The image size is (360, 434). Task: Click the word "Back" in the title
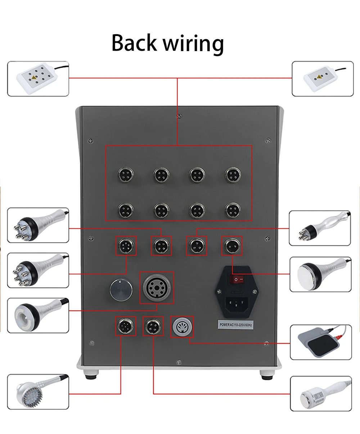(134, 43)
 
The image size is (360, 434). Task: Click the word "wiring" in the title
(193, 44)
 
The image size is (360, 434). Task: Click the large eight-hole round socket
(156, 287)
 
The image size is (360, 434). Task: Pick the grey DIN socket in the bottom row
(182, 327)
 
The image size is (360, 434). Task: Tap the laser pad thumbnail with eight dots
(38, 78)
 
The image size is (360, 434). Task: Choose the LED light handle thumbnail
(38, 392)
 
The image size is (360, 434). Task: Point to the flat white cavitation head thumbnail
(320, 274)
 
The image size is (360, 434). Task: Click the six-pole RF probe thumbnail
(38, 270)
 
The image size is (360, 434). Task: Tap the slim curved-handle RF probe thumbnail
(320, 228)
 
